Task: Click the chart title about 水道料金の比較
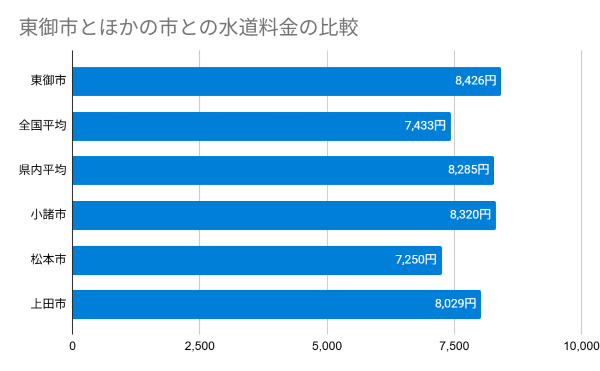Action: click(x=188, y=27)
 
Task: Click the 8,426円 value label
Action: click(x=475, y=81)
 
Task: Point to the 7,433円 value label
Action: click(x=425, y=126)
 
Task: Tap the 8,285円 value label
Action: click(x=468, y=171)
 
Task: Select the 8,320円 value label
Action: click(x=470, y=215)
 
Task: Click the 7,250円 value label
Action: click(x=416, y=260)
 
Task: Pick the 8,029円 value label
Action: click(x=455, y=304)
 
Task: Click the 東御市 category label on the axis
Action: click(x=48, y=81)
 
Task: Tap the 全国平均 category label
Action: click(x=42, y=126)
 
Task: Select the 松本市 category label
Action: click(x=48, y=260)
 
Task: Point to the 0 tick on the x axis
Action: click(x=73, y=346)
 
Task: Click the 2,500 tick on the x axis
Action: click(x=200, y=346)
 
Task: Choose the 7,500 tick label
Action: click(x=454, y=346)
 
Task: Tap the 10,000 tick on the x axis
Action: click(x=579, y=346)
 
